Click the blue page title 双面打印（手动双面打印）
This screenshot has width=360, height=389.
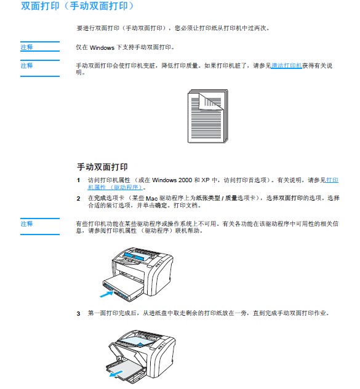coord(77,6)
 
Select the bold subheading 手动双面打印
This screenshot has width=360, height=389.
coord(102,167)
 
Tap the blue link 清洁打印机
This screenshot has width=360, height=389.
coord(286,65)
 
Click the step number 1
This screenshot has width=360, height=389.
coord(78,180)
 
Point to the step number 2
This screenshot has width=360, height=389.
coord(78,198)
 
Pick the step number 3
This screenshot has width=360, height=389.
coord(78,313)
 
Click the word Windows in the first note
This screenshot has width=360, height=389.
coord(102,47)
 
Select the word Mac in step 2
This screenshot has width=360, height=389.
coord(151,198)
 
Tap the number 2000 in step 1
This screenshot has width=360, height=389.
coord(185,180)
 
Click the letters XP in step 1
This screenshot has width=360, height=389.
coord(206,180)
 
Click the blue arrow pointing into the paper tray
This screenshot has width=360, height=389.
coord(106,294)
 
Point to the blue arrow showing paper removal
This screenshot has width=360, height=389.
coord(116,374)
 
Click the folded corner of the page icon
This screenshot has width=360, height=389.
coord(209,102)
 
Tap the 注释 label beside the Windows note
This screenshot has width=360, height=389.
coord(26,47)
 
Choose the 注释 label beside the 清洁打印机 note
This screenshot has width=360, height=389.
coord(26,65)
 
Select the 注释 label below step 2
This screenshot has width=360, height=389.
coord(26,224)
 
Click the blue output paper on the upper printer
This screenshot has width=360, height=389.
coord(134,257)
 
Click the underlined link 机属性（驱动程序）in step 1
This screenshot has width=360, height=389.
coord(115,187)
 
